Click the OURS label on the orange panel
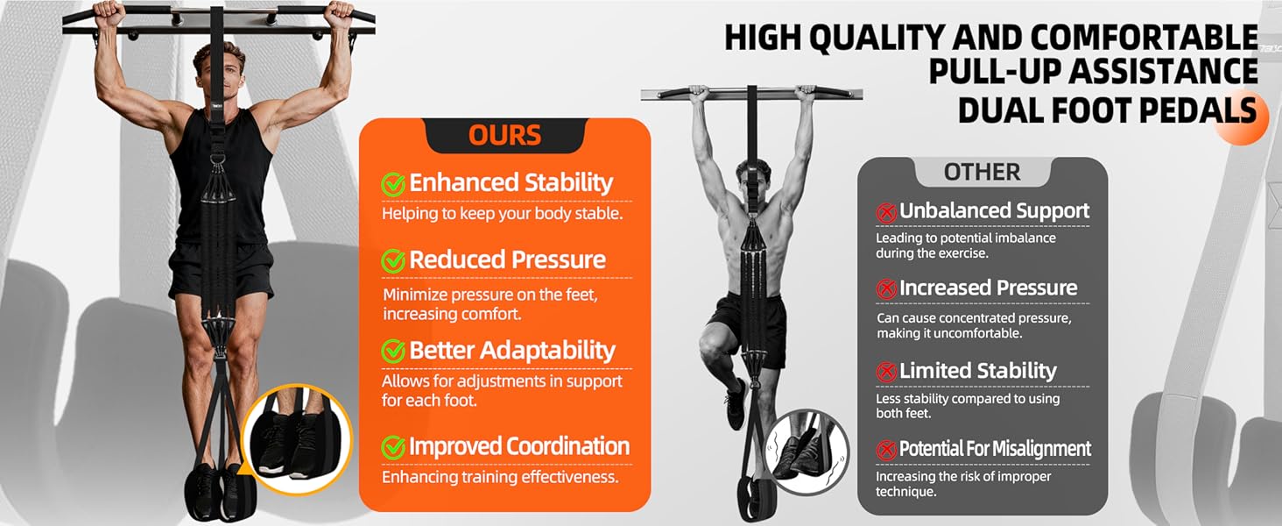(x=504, y=135)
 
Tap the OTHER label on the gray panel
(x=982, y=172)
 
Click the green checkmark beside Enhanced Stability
(x=393, y=184)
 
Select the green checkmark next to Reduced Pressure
(x=393, y=260)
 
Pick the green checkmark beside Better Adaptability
(x=393, y=351)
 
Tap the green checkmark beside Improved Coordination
(x=393, y=447)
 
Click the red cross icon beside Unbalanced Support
(x=886, y=212)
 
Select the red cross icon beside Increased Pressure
(x=886, y=288)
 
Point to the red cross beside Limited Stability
(x=886, y=372)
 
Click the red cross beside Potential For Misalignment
(x=886, y=451)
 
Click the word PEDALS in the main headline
(x=1198, y=110)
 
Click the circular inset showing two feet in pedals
(x=296, y=439)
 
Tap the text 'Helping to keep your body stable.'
(x=502, y=214)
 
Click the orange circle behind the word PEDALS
(x=1240, y=117)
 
